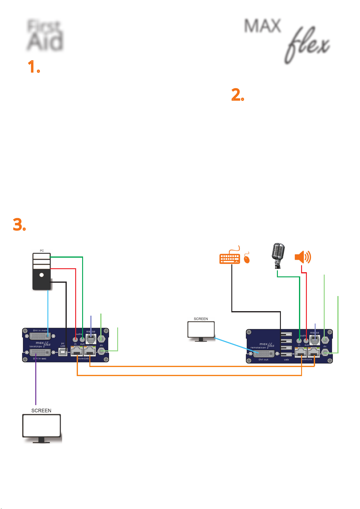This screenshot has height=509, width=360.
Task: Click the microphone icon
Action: (x=278, y=255)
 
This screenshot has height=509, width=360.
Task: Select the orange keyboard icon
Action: (x=230, y=258)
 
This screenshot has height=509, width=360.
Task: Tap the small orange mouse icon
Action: (x=247, y=259)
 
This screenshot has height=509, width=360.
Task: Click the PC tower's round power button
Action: (x=42, y=275)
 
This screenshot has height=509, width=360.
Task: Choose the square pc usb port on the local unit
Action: (x=63, y=352)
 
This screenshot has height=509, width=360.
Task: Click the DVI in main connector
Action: (x=40, y=336)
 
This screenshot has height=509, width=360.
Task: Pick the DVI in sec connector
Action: (x=40, y=353)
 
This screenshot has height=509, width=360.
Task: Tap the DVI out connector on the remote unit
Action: (x=264, y=354)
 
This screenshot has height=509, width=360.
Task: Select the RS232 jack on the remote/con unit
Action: (x=315, y=340)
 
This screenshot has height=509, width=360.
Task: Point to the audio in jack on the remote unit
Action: (x=299, y=340)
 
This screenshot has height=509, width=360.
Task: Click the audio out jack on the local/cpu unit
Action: (x=82, y=339)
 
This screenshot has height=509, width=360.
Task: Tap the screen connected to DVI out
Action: (x=201, y=330)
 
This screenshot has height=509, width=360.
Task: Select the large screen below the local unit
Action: (x=42, y=426)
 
